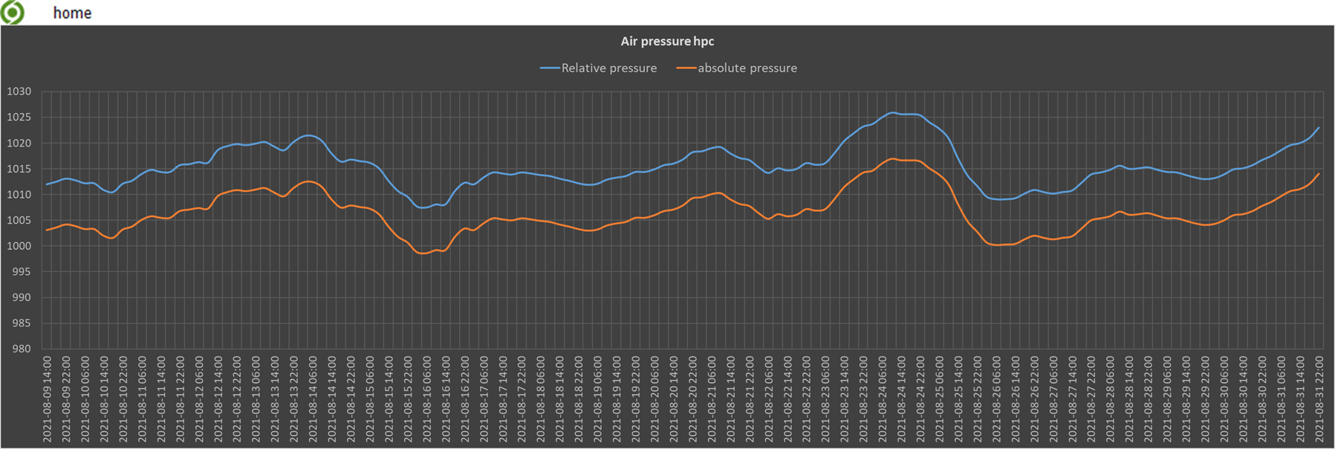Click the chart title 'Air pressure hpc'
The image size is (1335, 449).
click(x=667, y=42)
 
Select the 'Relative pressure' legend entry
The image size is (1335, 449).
click(x=608, y=68)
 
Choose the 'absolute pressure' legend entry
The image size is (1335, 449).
click(x=747, y=68)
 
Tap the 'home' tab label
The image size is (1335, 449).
click(x=72, y=13)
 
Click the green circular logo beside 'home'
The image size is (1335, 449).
click(x=13, y=13)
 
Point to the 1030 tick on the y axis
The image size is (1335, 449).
click(x=19, y=91)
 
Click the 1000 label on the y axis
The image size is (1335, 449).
click(x=19, y=246)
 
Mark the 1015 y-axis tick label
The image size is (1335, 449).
click(x=19, y=169)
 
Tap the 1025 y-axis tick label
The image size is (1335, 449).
click(x=19, y=117)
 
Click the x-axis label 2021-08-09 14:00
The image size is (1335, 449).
click(x=48, y=399)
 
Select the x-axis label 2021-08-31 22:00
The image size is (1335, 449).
click(x=1320, y=399)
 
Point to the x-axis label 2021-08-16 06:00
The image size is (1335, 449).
click(x=427, y=399)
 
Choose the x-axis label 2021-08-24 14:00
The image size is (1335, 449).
click(x=902, y=399)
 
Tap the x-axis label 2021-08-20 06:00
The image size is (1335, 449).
click(x=654, y=399)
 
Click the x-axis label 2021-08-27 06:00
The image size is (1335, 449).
click(x=1053, y=399)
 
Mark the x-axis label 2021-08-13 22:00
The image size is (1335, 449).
click(x=294, y=399)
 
